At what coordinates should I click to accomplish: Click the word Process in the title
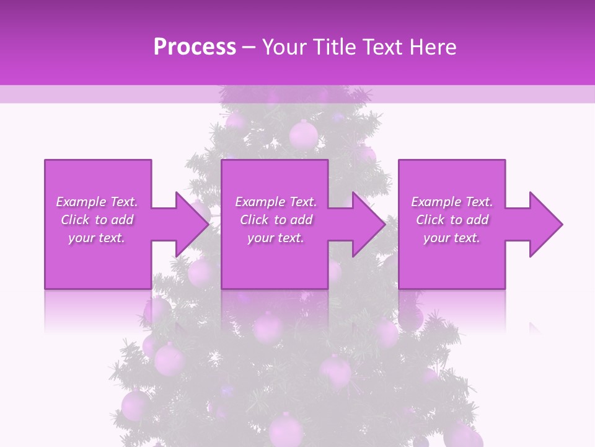click(195, 47)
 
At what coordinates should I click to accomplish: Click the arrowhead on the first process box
click(193, 224)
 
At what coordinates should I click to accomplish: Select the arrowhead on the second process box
click(369, 224)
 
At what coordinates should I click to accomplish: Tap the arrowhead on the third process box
click(546, 224)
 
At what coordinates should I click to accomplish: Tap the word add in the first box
click(122, 220)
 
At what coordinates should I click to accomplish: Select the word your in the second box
click(260, 238)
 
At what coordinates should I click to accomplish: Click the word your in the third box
click(436, 238)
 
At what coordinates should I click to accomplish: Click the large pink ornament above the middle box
click(303, 134)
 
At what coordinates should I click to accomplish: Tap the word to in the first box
click(101, 220)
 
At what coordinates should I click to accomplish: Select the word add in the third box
click(478, 220)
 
